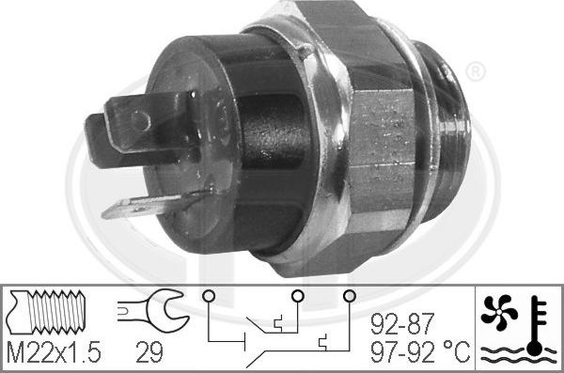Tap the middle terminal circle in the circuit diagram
click(297, 296)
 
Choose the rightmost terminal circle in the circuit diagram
click(351, 296)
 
